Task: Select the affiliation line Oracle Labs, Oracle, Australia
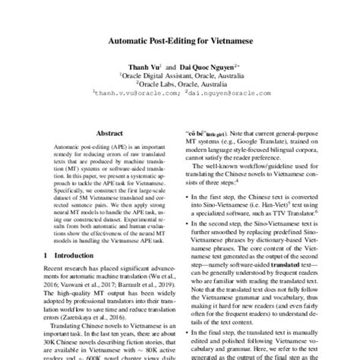[180, 84]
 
